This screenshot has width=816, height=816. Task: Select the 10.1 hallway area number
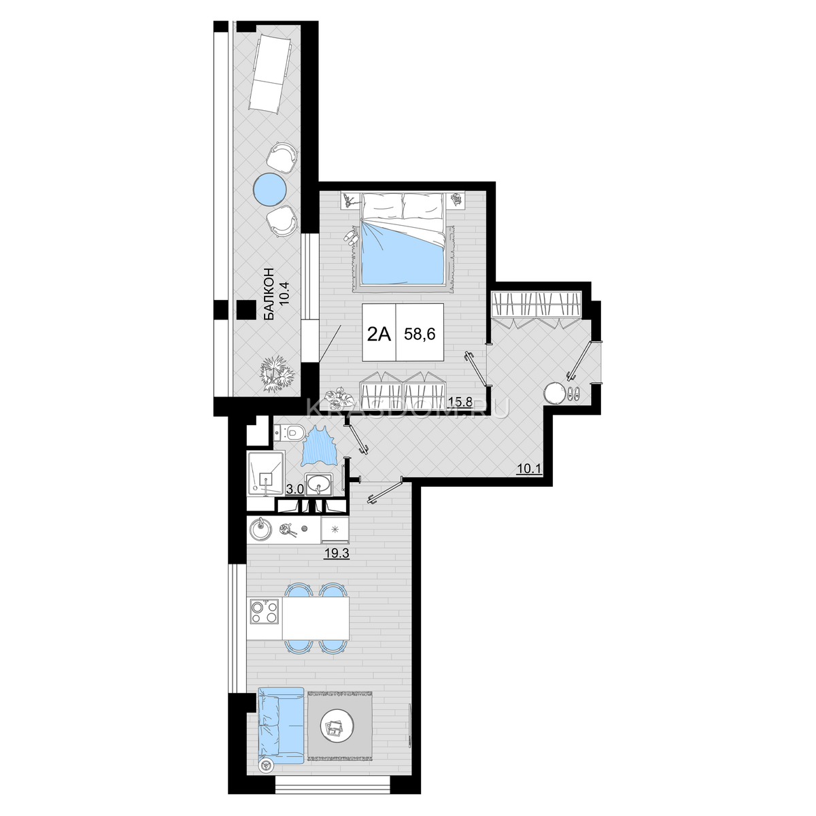pyautogui.click(x=529, y=469)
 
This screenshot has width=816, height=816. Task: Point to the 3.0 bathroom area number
pyautogui.click(x=294, y=489)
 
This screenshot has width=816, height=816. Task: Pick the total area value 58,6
pyautogui.click(x=420, y=334)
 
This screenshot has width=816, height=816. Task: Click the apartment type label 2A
pyautogui.click(x=379, y=335)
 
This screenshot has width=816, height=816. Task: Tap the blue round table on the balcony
pyautogui.click(x=271, y=189)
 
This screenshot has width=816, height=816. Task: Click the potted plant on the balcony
pyautogui.click(x=277, y=373)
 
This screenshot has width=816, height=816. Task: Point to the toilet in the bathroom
pyautogui.click(x=290, y=432)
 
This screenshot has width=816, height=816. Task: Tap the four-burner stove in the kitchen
pyautogui.click(x=265, y=611)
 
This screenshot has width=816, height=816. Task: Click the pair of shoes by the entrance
pyautogui.click(x=573, y=394)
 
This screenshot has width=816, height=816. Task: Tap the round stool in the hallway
pyautogui.click(x=554, y=393)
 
